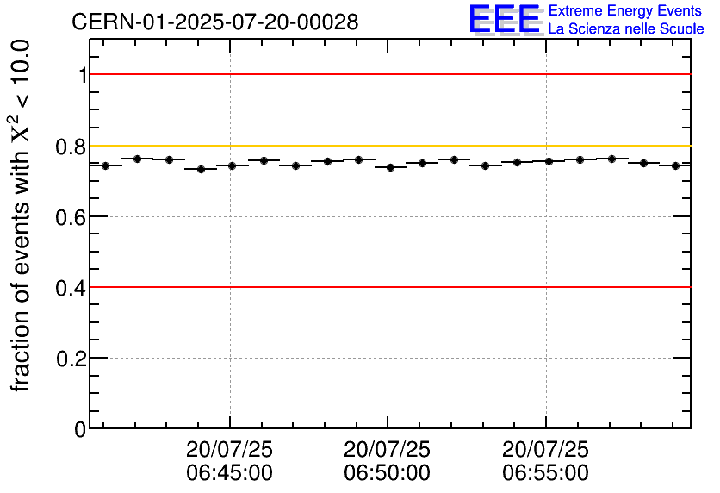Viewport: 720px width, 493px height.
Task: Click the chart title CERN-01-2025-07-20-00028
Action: tap(215, 22)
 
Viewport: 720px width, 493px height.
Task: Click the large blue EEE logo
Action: tap(505, 19)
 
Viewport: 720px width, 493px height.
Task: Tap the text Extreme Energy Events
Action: tap(625, 11)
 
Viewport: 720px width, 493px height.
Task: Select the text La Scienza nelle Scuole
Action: tap(625, 28)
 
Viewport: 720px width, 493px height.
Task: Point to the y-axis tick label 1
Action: tap(82, 76)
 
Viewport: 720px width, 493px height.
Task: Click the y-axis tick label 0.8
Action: tap(71, 147)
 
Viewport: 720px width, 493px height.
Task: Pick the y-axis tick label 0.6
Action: tap(71, 217)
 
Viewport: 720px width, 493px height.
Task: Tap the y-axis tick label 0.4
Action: tap(71, 288)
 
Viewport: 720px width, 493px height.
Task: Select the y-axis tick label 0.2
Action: tap(71, 359)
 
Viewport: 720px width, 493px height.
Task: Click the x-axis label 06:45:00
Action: tap(229, 472)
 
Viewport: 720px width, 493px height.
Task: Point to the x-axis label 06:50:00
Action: tap(388, 472)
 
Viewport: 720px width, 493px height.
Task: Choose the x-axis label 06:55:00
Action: tap(546, 472)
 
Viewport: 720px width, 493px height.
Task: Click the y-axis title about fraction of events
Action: tap(22, 215)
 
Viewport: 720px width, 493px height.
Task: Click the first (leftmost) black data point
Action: tap(105, 165)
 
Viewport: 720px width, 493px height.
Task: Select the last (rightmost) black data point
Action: tap(675, 165)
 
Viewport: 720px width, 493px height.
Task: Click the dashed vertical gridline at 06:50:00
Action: tap(388, 259)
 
